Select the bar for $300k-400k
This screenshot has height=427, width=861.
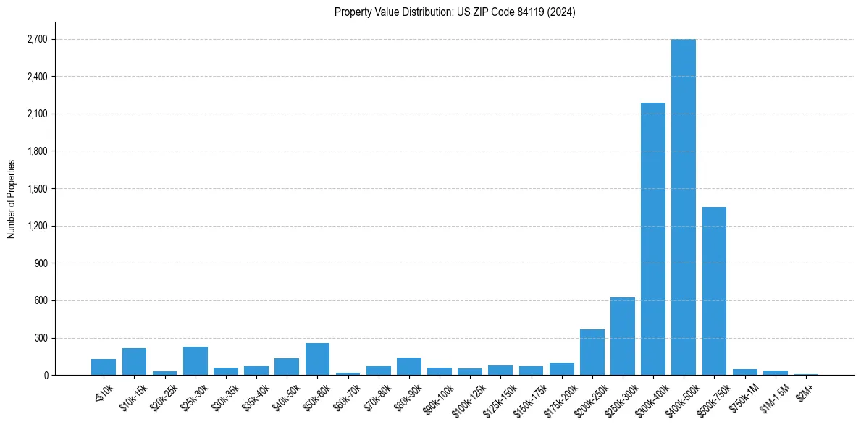tap(652, 239)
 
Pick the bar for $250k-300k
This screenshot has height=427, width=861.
tap(622, 336)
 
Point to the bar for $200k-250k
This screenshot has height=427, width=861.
tap(592, 352)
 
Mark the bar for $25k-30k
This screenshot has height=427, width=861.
tap(195, 361)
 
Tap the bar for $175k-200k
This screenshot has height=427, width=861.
tap(561, 368)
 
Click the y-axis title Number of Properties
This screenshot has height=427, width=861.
tap(11, 199)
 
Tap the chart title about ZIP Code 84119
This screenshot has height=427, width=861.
tap(455, 12)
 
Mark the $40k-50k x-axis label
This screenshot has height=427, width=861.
tap(283, 394)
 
